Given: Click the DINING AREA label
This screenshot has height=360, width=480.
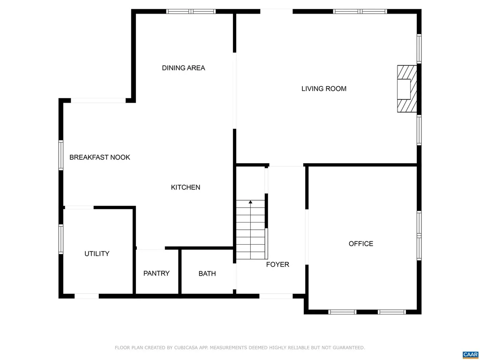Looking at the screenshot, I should pyautogui.click(x=183, y=68).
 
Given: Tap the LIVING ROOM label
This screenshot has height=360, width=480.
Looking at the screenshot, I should pyautogui.click(x=324, y=89).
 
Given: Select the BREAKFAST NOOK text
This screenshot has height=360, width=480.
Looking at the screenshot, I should pyautogui.click(x=100, y=157).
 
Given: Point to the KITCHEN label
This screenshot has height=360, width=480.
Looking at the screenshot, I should pyautogui.click(x=185, y=187).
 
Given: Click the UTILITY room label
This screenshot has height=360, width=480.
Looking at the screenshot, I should pyautogui.click(x=97, y=254).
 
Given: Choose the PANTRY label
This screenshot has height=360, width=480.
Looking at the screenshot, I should pyautogui.click(x=157, y=273).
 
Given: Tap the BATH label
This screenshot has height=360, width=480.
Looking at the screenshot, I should pyautogui.click(x=207, y=273).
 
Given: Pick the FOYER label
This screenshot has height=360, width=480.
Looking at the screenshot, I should pyautogui.click(x=277, y=264).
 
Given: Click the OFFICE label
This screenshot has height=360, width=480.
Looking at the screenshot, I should pyautogui.click(x=361, y=244).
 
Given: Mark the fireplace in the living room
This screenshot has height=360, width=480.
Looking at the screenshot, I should pyautogui.click(x=406, y=89).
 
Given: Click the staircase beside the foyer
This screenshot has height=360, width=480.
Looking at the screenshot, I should pyautogui.click(x=251, y=230).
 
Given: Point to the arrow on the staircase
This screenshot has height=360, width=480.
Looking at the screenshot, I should pyautogui.click(x=251, y=202).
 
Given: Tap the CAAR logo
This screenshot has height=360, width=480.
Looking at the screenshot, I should pyautogui.click(x=470, y=354).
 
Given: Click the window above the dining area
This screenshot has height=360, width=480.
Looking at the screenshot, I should pyautogui.click(x=191, y=11).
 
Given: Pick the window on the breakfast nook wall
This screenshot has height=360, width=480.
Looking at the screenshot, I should pyautogui.click(x=61, y=155).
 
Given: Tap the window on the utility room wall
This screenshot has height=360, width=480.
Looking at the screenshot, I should pyautogui.click(x=61, y=239).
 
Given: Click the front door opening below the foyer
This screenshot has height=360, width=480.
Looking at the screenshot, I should pyautogui.click(x=276, y=296).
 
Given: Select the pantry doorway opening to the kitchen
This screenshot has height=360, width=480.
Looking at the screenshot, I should pyautogui.click(x=150, y=248).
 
